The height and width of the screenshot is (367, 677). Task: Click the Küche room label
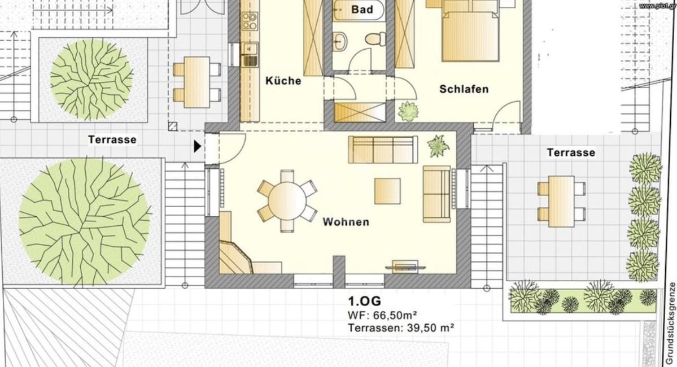[x=283, y=80]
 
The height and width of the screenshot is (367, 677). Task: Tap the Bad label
[x=362, y=9]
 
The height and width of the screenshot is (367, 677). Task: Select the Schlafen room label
[x=464, y=89]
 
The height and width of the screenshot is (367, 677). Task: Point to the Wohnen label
[x=346, y=222]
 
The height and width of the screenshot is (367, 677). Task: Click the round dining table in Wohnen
[x=287, y=201]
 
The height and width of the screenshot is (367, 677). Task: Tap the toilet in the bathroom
[x=375, y=38]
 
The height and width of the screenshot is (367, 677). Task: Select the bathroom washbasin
[x=341, y=41]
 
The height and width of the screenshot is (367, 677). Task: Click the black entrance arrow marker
[x=197, y=146]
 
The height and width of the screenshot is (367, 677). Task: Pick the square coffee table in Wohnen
[x=387, y=191]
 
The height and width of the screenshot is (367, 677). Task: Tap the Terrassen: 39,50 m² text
[x=401, y=328]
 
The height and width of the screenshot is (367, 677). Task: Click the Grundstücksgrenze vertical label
[x=672, y=324]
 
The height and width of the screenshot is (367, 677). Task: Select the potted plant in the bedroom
[x=408, y=111]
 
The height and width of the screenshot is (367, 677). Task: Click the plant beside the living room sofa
[x=438, y=146]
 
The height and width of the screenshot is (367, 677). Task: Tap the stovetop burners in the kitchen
[x=250, y=21]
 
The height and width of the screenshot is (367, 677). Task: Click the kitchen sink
[x=249, y=54]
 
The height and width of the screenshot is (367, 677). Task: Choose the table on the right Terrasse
[x=561, y=201]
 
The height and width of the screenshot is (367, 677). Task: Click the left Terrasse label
[x=112, y=139]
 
